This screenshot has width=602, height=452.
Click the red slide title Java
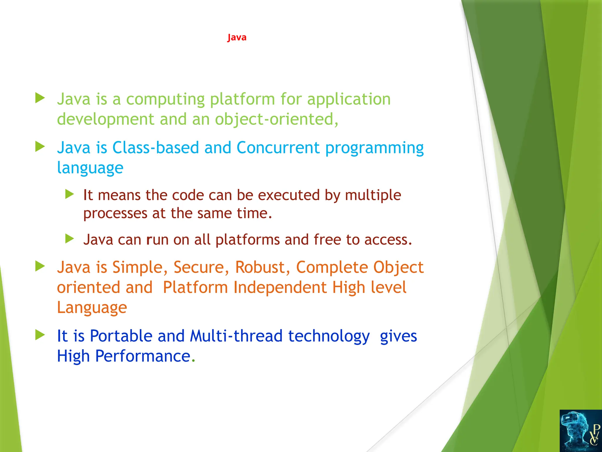(237, 38)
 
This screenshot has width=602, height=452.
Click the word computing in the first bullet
(165, 99)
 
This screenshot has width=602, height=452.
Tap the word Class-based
(155, 148)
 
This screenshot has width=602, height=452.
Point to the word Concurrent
(278, 148)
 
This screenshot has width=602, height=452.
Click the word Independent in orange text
(280, 288)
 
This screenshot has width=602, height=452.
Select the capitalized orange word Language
(92, 308)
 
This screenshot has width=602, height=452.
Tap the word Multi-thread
(236, 336)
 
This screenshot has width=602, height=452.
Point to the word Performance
(143, 356)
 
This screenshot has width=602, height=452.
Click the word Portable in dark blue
(121, 336)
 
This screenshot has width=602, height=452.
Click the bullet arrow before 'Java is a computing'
(40, 98)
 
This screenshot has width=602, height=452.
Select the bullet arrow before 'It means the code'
(69, 194)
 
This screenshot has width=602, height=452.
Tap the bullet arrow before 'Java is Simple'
(40, 266)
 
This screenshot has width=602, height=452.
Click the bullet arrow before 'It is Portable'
(40, 335)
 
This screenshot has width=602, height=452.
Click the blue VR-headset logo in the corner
(580, 431)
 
